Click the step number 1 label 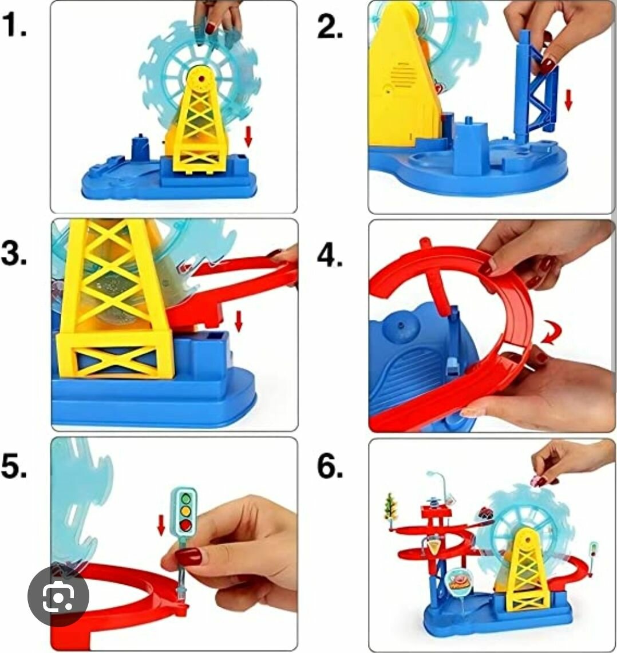15,25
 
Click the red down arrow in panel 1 248,136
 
